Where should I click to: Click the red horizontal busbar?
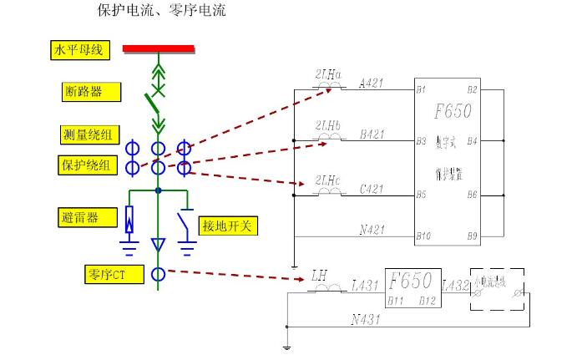tap(159, 48)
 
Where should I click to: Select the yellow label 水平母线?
tap(78, 50)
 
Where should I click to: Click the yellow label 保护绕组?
tap(86, 165)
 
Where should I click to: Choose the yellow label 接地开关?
tap(226, 226)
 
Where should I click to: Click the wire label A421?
tap(372, 84)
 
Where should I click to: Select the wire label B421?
tap(372, 135)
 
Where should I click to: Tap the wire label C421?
tap(372, 189)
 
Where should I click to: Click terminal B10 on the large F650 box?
tap(423, 236)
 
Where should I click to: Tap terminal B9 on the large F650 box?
tap(473, 236)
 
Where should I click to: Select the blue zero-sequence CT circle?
tap(158, 273)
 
